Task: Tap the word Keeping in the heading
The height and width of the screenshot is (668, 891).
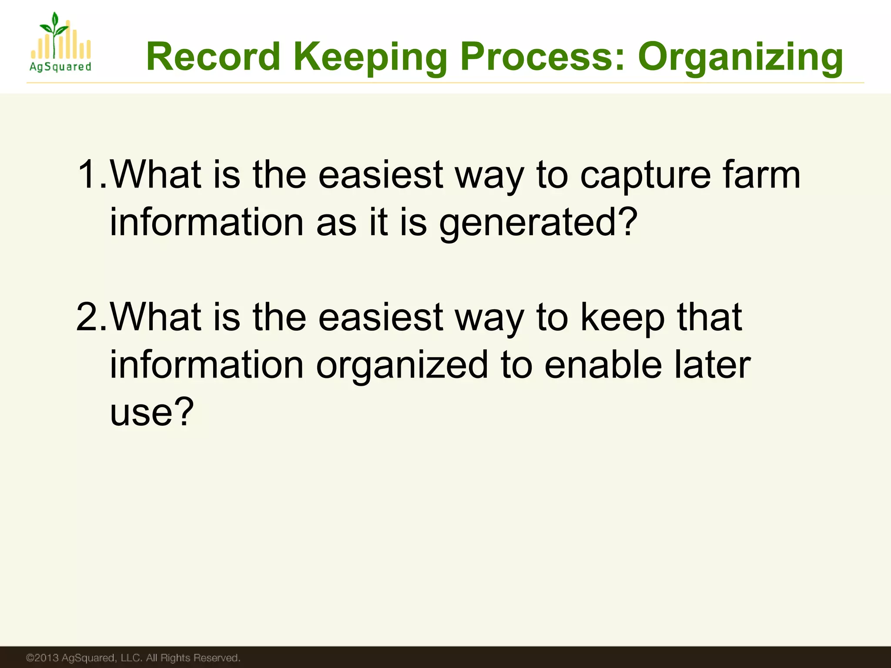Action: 370,57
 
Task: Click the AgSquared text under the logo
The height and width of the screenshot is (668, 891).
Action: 60,67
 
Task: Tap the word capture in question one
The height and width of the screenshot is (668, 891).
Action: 646,175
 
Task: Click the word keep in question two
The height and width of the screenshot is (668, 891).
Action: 623,317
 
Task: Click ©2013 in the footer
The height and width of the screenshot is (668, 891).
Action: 42,658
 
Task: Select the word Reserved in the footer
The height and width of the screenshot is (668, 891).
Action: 216,658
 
